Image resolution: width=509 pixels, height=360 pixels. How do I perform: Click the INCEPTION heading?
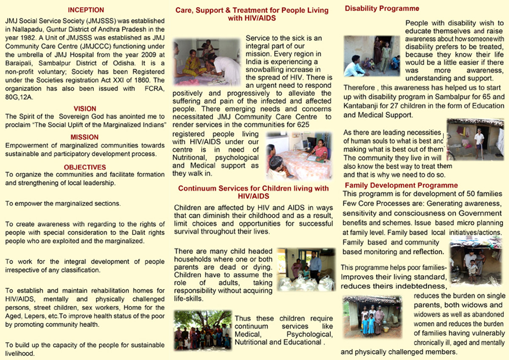(x=86, y=10)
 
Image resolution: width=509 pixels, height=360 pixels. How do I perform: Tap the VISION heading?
(x=85, y=109)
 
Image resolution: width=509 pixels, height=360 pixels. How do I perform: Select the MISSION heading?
(x=85, y=137)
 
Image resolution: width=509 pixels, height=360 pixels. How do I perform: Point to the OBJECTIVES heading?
(x=85, y=167)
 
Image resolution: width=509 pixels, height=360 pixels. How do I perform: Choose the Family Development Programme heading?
(x=401, y=185)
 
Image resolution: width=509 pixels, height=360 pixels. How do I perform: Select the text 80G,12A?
(x=19, y=97)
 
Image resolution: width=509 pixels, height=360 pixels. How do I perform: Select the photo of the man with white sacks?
(x=305, y=269)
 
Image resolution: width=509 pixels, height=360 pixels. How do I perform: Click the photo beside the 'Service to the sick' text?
(x=207, y=63)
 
